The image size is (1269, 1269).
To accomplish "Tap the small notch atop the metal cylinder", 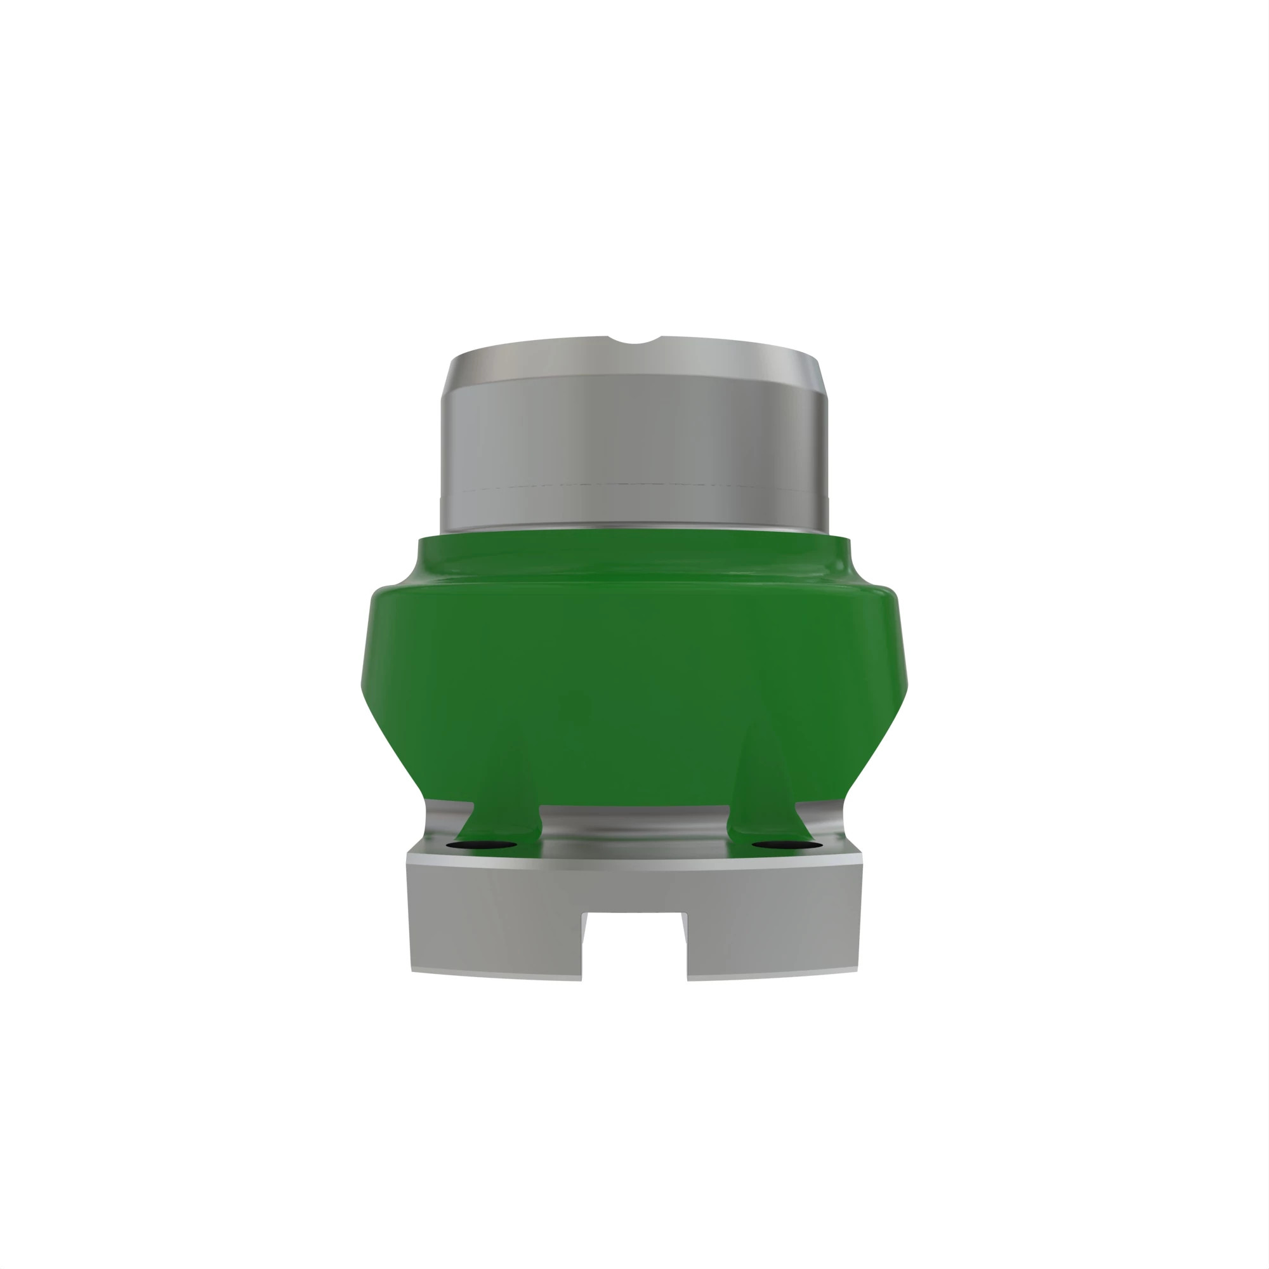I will tap(634, 341).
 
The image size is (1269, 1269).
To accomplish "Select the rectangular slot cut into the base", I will tap(634, 946).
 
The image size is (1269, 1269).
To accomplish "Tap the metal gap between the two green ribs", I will tap(634, 821).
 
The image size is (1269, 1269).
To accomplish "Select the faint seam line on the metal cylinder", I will tap(634, 485).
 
